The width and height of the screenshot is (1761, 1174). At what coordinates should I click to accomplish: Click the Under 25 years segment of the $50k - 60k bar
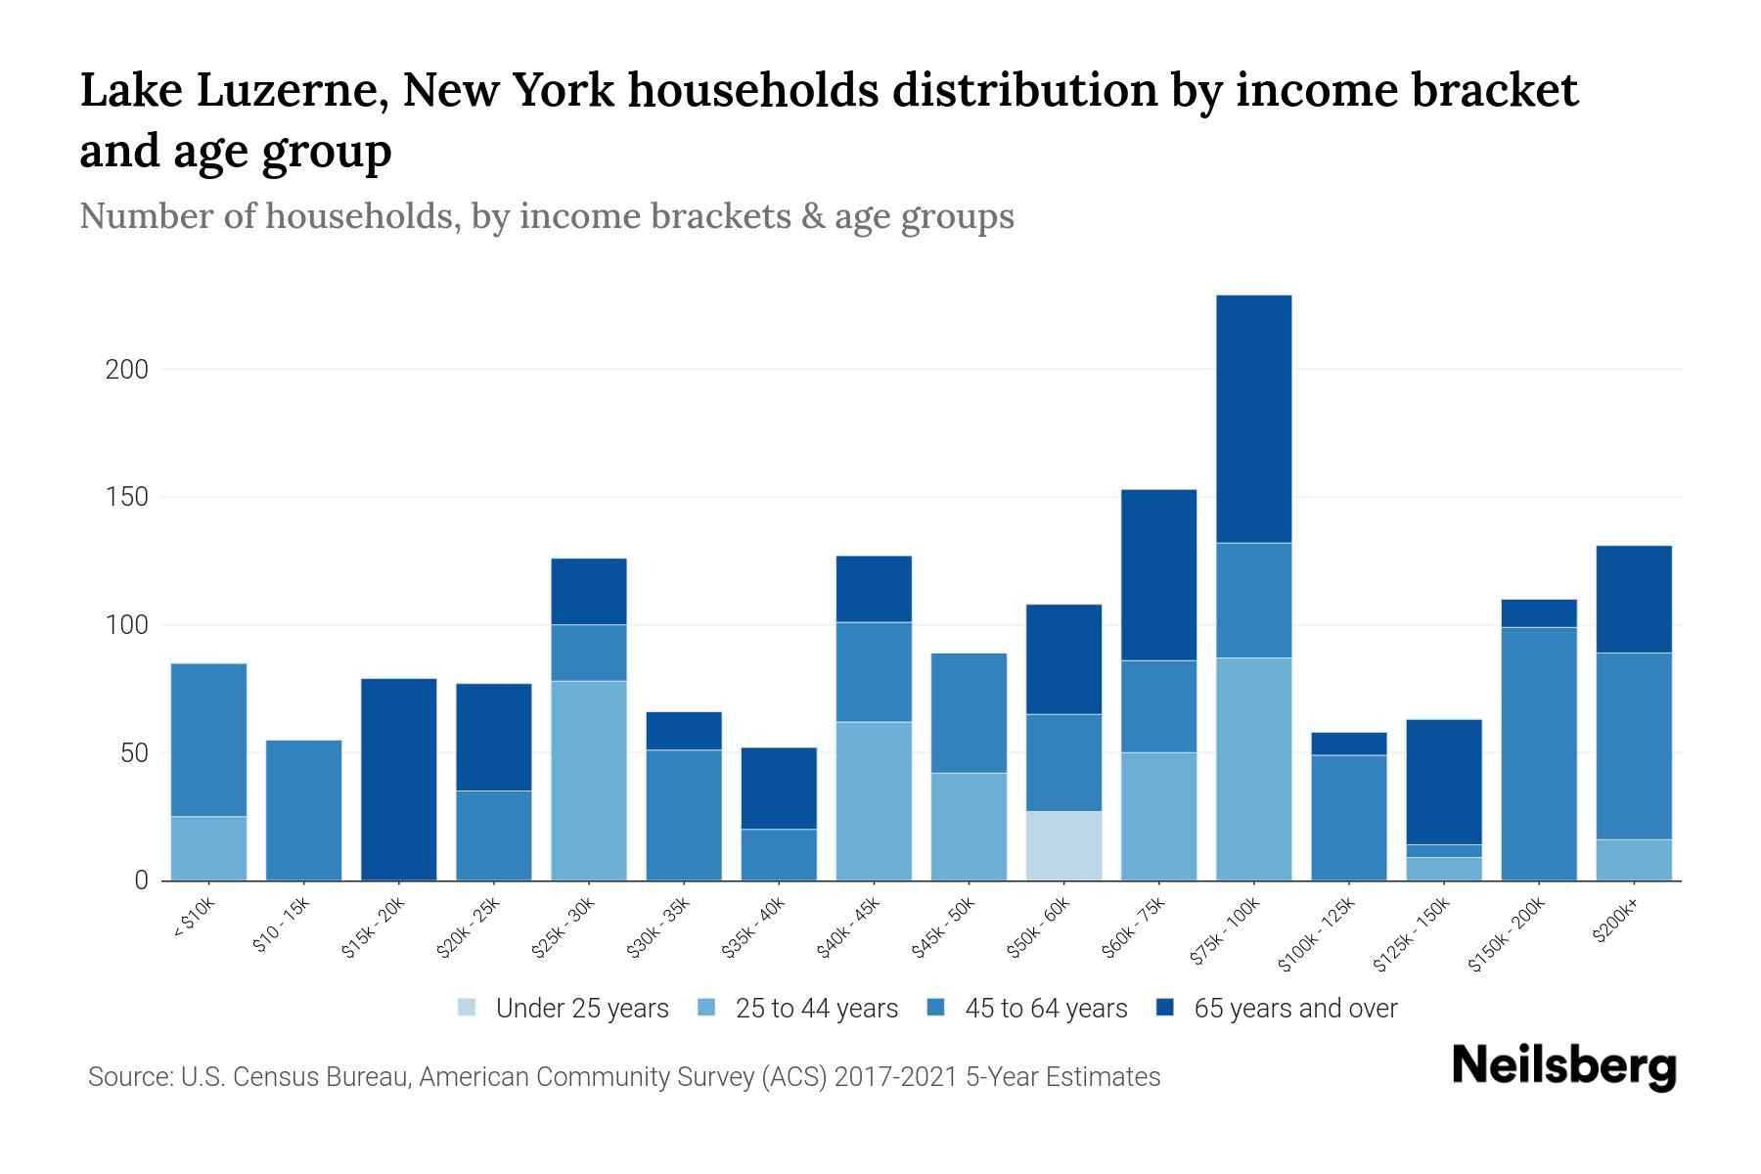[1063, 845]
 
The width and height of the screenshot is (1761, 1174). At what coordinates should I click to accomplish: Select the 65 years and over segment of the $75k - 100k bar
[1253, 419]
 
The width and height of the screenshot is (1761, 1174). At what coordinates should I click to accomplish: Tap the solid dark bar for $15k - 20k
[398, 779]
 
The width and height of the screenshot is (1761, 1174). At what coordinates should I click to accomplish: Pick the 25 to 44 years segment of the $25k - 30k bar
[589, 780]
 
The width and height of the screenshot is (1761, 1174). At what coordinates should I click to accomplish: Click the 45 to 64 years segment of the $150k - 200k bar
[1539, 753]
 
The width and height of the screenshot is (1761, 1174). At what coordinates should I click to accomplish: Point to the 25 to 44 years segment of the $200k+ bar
[1634, 860]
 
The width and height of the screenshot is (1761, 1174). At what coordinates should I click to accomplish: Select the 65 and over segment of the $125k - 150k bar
[1443, 782]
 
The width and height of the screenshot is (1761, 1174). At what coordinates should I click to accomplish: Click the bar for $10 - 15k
[303, 810]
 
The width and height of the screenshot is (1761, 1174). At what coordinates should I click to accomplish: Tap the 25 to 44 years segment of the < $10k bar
[208, 848]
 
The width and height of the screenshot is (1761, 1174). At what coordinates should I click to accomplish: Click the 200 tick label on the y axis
[127, 370]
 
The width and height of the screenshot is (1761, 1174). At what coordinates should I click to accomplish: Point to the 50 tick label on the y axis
[134, 753]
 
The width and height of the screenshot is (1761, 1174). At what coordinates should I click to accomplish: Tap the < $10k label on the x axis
[194, 919]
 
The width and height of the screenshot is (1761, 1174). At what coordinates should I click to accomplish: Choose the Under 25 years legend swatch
[467, 1008]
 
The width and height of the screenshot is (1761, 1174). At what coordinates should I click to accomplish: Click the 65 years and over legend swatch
[1165, 1008]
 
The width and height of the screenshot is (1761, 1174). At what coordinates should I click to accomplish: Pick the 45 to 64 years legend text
[1045, 1008]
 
